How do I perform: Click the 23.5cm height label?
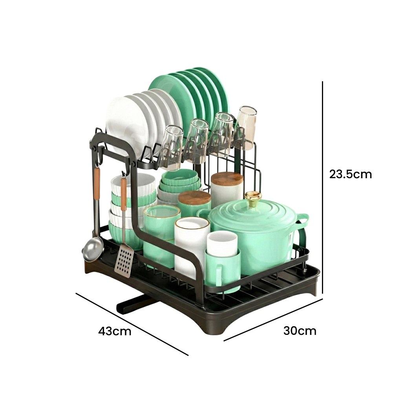pos(350,174)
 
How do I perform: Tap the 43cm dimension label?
pos(115,331)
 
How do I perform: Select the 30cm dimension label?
pos(300,331)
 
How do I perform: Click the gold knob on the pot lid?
pos(253,198)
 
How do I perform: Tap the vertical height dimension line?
pos(323,187)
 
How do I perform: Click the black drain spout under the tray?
pos(133,304)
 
